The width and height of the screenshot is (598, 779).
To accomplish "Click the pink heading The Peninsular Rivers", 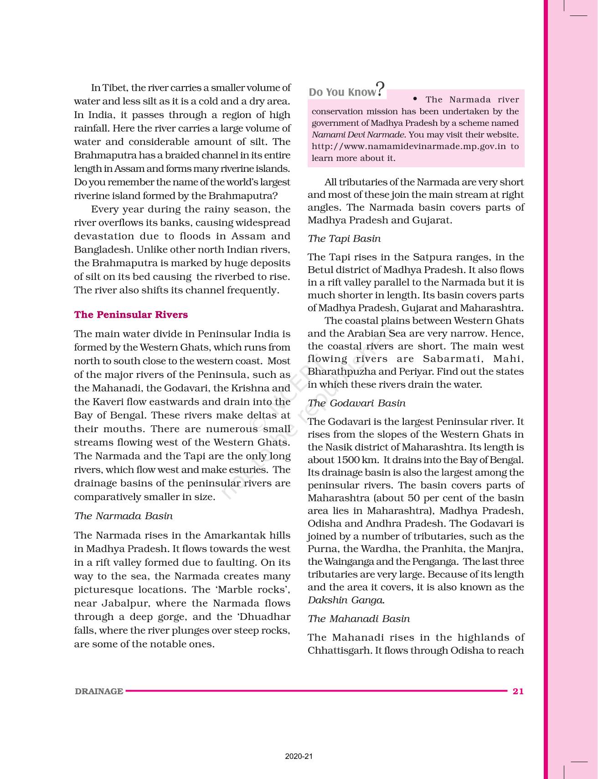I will click(131, 315).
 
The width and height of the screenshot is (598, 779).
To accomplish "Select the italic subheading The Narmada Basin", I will click(123, 516).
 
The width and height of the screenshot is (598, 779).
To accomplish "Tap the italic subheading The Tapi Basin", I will click(344, 238).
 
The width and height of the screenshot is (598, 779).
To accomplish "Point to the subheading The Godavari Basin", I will click(356, 403).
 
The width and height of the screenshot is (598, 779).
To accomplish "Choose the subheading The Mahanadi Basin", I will click(358, 619).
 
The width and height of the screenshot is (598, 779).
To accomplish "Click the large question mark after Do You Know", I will click(381, 88).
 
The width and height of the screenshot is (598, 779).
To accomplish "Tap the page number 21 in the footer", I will click(518, 691).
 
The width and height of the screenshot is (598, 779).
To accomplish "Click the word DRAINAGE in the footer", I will click(99, 691).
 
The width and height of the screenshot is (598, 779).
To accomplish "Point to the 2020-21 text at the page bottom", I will click(299, 757).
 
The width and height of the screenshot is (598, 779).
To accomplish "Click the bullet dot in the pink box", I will click(415, 99).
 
